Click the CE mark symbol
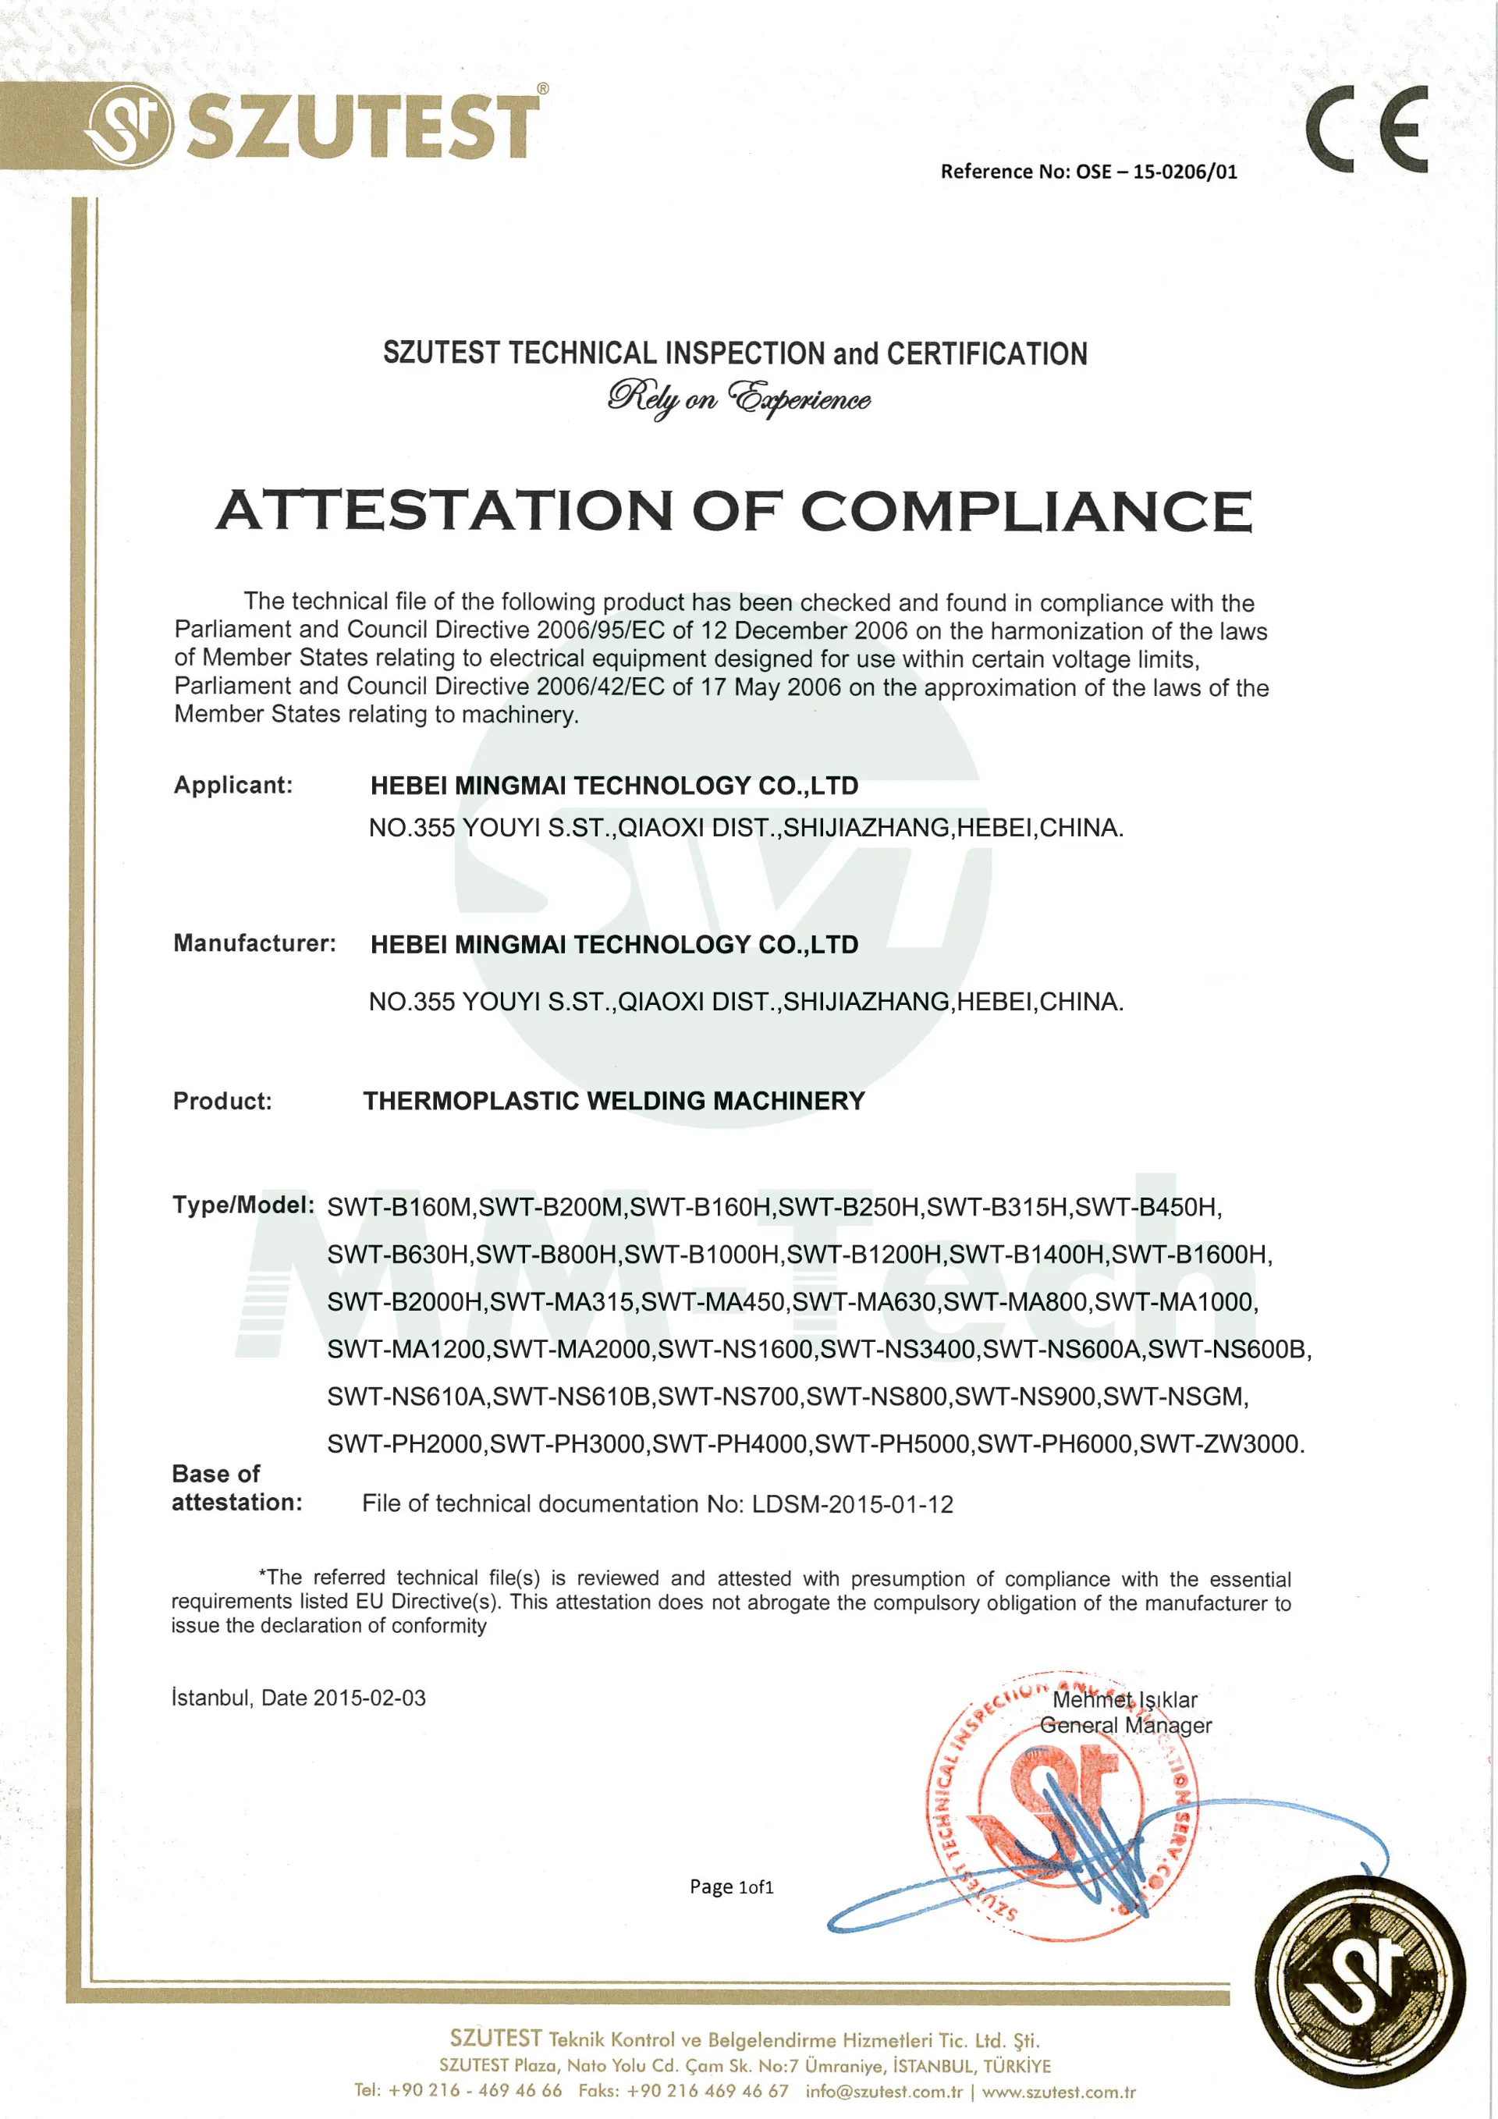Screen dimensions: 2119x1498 pos(1366,130)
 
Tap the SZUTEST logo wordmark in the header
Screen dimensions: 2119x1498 pos(362,126)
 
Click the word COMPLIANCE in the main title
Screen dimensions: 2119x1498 pos(1025,510)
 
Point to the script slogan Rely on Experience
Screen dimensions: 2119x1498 pos(738,399)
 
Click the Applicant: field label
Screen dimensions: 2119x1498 pos(233,786)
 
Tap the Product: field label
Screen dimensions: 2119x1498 pos(222,1101)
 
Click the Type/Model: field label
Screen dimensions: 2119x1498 pos(243,1205)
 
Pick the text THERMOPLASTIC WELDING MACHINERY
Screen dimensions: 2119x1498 pos(614,1101)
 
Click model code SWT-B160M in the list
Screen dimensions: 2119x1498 pos(399,1207)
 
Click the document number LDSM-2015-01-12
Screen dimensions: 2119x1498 pos(852,1504)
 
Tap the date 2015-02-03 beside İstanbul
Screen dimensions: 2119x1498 pos(369,1698)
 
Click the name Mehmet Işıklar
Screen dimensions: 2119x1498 pos(1124,1700)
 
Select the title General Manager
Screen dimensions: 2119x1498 pos(1125,1726)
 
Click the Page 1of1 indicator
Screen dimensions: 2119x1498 pos(731,1887)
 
